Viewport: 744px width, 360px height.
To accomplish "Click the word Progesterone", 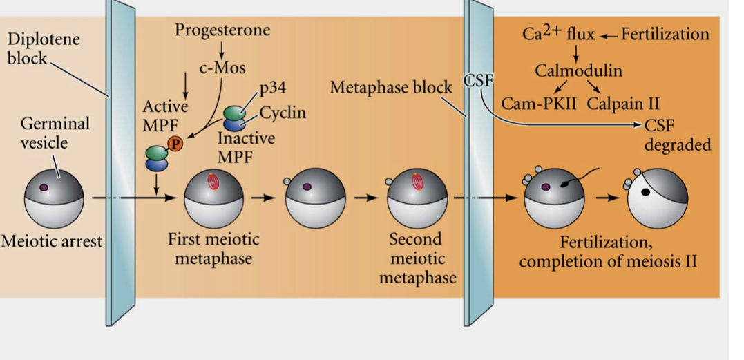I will pyautogui.click(x=222, y=30).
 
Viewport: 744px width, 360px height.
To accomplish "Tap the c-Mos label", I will pyautogui.click(x=222, y=68).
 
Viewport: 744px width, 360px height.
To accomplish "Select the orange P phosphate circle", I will pyautogui.click(x=176, y=144).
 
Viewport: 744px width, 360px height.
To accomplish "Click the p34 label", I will pyautogui.click(x=273, y=88).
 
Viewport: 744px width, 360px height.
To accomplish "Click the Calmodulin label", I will pyautogui.click(x=578, y=70).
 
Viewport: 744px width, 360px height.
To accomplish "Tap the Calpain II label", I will pyautogui.click(x=623, y=104).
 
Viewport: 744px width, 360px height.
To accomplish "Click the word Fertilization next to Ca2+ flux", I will pyautogui.click(x=665, y=34).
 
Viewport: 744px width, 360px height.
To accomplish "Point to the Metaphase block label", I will pyautogui.click(x=391, y=88).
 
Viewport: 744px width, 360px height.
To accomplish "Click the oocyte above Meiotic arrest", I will pyautogui.click(x=54, y=197).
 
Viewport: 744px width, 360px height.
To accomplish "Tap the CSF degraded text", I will pyautogui.click(x=676, y=135).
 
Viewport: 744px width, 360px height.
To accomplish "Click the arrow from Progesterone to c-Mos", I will pyautogui.click(x=222, y=50).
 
